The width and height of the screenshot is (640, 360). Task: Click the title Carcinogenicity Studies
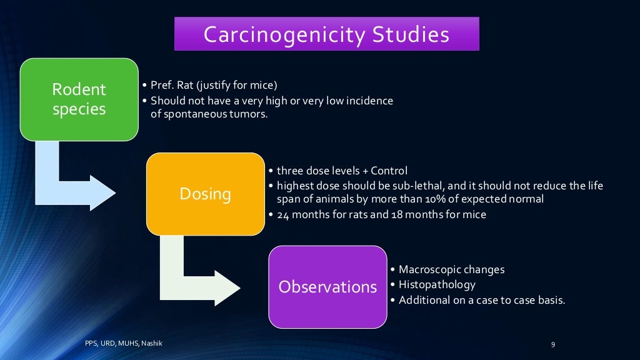tap(326, 34)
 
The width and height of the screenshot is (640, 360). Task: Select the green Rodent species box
tap(79, 99)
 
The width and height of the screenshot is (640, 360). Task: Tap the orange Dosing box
tap(205, 194)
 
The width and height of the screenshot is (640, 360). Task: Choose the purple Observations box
tap(327, 287)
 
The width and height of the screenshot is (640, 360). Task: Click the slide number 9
tap(553, 344)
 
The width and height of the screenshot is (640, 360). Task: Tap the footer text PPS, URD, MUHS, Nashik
tap(123, 343)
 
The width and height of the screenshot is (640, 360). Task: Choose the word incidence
tap(370, 100)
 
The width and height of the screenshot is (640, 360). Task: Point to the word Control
tap(389, 171)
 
